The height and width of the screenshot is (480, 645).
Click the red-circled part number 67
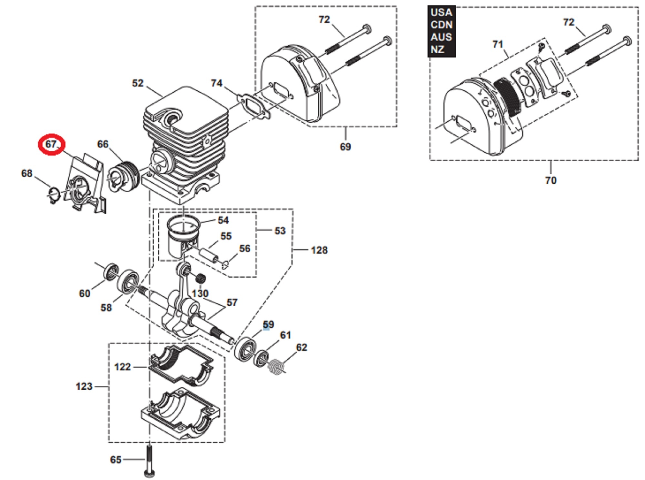(51, 144)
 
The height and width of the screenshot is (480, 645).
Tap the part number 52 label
(138, 83)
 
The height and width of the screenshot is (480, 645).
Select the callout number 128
(319, 250)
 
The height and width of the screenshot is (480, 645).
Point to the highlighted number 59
(268, 324)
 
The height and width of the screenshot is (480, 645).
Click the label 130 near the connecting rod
(200, 293)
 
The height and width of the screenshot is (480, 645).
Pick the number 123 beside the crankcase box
(84, 386)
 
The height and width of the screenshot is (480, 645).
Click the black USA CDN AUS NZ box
(442, 31)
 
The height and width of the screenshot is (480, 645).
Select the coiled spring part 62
(277, 367)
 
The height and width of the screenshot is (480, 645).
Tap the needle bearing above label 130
(201, 277)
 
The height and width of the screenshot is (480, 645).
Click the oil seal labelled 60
(111, 271)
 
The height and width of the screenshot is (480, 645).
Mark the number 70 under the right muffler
(551, 180)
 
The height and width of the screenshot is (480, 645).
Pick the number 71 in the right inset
(498, 44)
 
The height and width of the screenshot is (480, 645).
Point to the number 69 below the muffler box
(345, 147)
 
